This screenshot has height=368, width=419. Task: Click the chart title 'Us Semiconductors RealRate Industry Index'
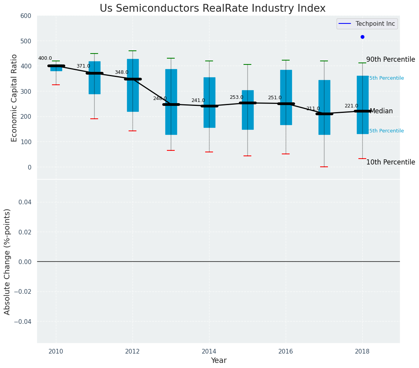(x=212, y=9)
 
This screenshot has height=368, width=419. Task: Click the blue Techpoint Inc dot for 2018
(x=362, y=37)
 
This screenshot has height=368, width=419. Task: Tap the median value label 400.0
(x=45, y=58)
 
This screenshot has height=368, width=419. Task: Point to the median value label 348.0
(x=122, y=73)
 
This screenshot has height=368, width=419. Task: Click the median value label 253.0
(x=236, y=97)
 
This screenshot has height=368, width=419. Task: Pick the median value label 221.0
(x=351, y=106)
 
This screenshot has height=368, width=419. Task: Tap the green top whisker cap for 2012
(x=133, y=51)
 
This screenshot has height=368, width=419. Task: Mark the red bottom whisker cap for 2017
(x=324, y=167)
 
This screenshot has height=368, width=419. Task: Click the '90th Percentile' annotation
(x=390, y=59)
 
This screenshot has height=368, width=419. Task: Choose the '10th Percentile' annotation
(x=390, y=162)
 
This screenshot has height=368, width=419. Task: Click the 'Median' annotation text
(x=381, y=111)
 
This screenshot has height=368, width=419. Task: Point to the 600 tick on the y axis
(x=26, y=16)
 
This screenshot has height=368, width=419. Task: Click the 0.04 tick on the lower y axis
(x=26, y=202)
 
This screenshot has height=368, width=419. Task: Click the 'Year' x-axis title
(x=218, y=361)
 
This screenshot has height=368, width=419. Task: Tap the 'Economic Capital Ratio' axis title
(x=14, y=98)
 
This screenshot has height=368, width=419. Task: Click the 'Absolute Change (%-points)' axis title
(x=7, y=261)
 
